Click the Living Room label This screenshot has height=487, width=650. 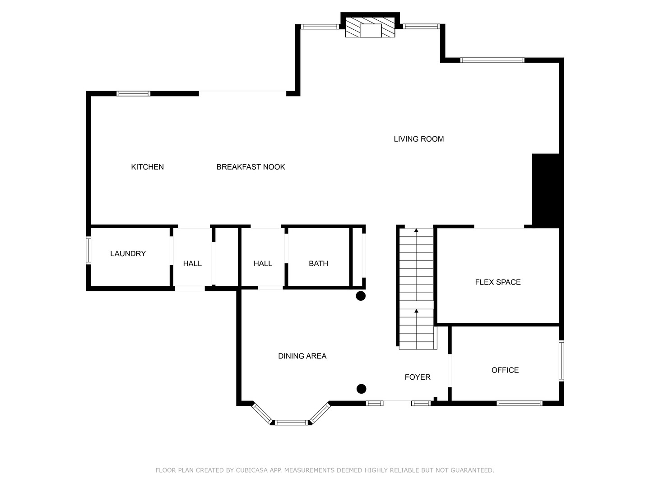point(418,139)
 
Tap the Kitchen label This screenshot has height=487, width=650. point(147,167)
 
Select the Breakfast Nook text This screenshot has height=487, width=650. point(251,167)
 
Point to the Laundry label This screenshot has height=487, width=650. point(128,253)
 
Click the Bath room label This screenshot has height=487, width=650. point(318,263)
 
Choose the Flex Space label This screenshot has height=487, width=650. point(497,282)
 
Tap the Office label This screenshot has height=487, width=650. point(505,370)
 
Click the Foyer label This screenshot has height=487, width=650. point(417,377)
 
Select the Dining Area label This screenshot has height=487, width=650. point(302,356)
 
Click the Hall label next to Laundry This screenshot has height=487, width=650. point(192,263)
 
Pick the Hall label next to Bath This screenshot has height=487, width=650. point(263,263)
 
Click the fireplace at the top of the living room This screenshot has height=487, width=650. point(370,28)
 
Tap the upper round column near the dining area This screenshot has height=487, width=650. point(361,296)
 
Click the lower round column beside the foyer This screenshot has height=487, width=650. point(361,389)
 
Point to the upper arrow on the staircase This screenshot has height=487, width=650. point(416,230)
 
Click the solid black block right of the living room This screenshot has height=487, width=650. point(546,189)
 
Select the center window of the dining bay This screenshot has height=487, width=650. point(292,423)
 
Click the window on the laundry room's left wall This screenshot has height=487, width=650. point(88,250)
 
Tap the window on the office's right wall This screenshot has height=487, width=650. point(562,361)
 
